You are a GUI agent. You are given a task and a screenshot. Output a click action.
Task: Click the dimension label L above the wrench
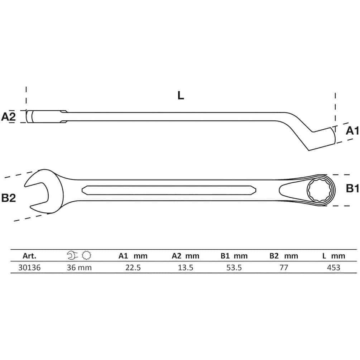(181, 95)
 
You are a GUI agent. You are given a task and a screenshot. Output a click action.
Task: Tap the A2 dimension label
(9, 117)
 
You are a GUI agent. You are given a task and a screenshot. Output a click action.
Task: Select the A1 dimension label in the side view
(352, 131)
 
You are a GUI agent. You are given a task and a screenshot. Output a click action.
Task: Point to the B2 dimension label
(9, 198)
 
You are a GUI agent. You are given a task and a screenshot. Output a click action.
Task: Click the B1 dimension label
(352, 188)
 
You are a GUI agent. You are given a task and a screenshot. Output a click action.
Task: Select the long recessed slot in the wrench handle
(169, 190)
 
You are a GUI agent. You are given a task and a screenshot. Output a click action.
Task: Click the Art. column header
(29, 256)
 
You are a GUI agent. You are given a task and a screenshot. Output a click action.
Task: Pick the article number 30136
(29, 268)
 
